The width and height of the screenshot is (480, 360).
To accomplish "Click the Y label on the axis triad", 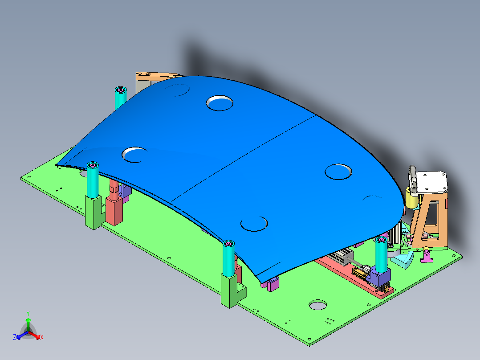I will [28, 313].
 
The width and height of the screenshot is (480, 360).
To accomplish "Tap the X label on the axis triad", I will [42, 338].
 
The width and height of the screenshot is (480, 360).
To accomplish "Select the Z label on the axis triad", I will [15, 338].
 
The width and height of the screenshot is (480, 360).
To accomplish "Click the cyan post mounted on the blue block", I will [381, 254].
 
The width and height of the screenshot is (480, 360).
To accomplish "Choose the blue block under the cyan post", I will [381, 278].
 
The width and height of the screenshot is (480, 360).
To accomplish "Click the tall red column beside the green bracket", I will [114, 209].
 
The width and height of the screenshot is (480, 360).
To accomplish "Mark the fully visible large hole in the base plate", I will [318, 305].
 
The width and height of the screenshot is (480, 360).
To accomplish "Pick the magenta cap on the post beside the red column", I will [93, 166].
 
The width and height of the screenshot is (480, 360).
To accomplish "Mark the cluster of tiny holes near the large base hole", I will [330, 320].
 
